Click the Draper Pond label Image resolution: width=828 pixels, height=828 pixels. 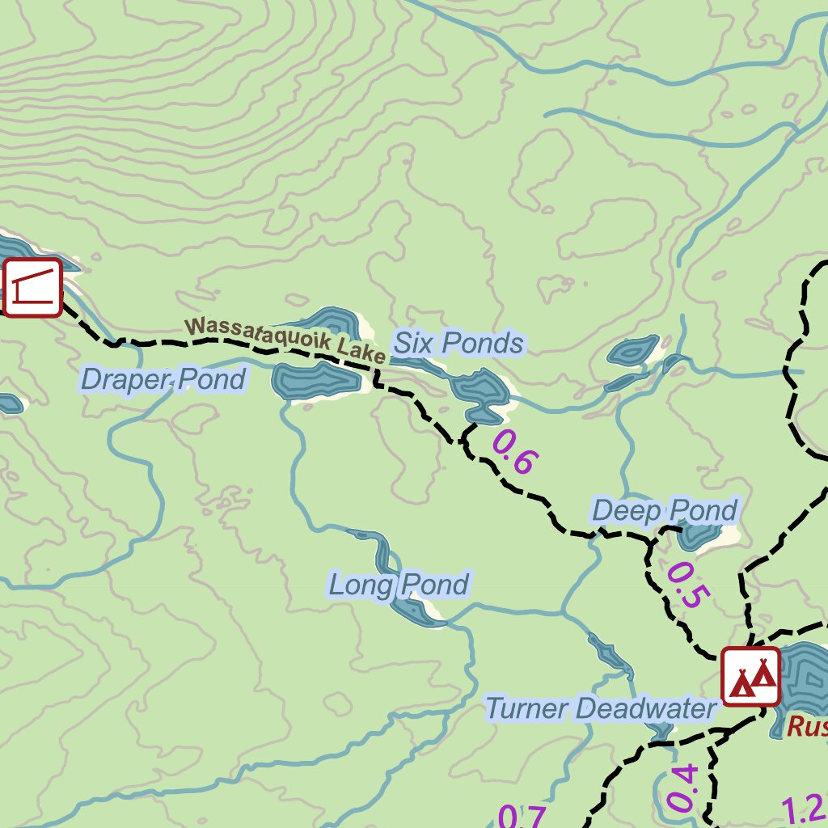pos(163,378)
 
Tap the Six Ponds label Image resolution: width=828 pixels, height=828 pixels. pos(458,344)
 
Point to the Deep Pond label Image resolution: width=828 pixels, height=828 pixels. pos(665,511)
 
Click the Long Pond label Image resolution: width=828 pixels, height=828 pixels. pos(399,584)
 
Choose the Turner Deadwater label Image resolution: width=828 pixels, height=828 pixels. pos(601,709)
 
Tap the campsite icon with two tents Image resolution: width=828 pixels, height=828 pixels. pos(751,676)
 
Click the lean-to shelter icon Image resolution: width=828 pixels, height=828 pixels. pos(32,287)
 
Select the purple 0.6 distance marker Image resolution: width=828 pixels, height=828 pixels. pos(513,452)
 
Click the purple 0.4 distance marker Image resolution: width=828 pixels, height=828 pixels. pos(682,788)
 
